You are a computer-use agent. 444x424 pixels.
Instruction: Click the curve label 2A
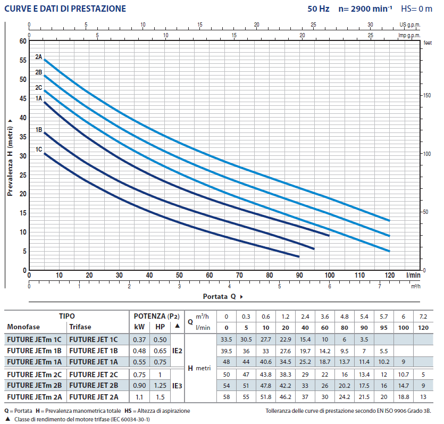click(39, 57)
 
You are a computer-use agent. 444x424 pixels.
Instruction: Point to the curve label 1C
click(39, 149)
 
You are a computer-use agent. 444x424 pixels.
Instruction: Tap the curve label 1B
click(39, 130)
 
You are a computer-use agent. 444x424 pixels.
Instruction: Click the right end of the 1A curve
click(329, 235)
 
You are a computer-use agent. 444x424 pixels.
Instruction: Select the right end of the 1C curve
click(299, 256)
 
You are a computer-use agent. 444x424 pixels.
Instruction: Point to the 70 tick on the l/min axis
click(239, 276)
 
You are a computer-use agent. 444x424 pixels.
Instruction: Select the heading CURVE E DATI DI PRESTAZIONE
click(65, 9)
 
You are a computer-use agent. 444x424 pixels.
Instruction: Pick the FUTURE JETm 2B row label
click(35, 385)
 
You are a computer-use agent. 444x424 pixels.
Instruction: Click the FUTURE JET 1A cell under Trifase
click(93, 362)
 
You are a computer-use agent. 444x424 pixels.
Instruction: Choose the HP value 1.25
click(160, 385)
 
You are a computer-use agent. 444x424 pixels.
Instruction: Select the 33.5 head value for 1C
click(227, 339)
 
